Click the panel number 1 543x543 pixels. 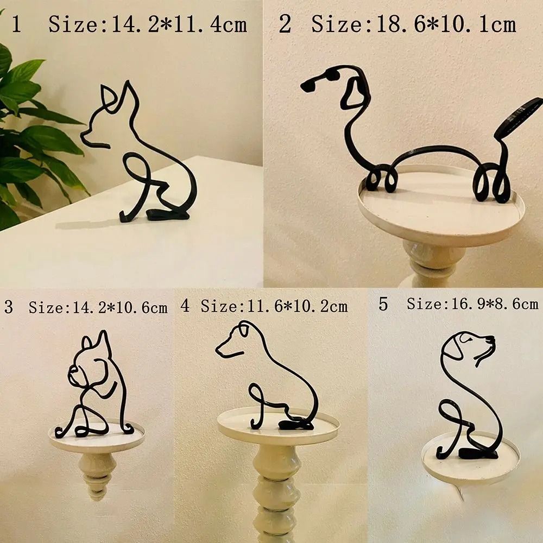pos(16,24)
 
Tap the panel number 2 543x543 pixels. pos(285,24)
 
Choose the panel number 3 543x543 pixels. pos(8,307)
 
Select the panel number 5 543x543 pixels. pos(383,304)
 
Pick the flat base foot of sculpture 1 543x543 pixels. pos(168,215)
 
